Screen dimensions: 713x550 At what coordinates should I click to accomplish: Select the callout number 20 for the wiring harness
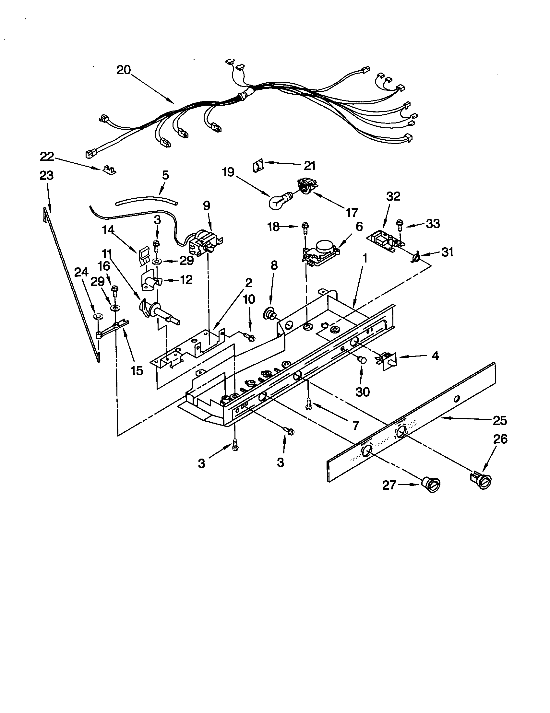(124, 70)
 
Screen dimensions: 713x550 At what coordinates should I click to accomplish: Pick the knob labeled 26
(482, 481)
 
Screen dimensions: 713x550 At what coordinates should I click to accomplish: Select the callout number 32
(393, 196)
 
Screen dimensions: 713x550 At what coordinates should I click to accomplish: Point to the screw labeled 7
(308, 405)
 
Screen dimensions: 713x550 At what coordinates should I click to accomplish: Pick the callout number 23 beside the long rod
(46, 176)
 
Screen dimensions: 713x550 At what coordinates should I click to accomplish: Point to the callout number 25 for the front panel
(500, 420)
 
